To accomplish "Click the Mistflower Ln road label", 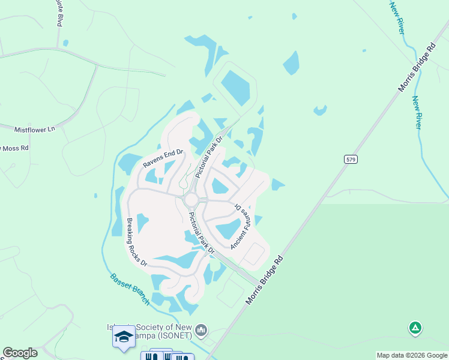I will [34, 129].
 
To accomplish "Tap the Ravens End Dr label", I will [162, 155].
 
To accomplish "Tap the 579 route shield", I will [352, 159].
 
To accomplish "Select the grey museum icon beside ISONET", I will [201, 330].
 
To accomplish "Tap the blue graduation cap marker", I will [123, 336].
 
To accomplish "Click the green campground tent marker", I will [415, 328].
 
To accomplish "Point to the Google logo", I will [20, 353].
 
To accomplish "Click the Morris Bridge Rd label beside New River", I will [415, 65].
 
